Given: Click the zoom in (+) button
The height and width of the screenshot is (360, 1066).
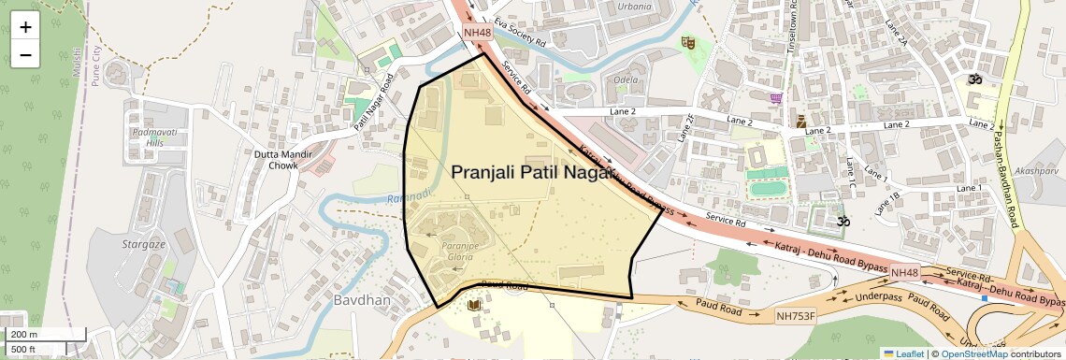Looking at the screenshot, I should coord(25,26).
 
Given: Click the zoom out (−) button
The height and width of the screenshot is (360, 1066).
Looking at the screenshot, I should coord(25,54).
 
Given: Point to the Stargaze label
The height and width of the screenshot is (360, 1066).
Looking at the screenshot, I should coord(143,244).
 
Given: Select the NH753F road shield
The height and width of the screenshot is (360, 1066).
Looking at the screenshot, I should coord(796,316).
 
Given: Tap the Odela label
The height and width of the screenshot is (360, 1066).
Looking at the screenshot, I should coord(626,79).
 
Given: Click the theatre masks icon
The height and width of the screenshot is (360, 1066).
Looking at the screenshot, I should coord(689,42).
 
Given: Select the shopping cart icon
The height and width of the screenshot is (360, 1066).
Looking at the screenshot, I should coord(776,97).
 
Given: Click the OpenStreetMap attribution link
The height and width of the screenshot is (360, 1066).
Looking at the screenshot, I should coord(974,353).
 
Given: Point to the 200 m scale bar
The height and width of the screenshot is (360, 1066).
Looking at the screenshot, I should coord(46,334).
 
